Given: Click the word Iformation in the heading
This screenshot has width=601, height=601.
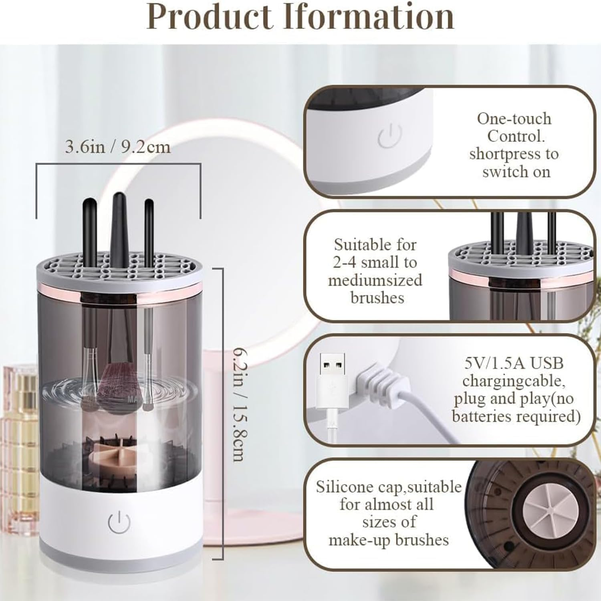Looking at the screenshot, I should tap(369, 17).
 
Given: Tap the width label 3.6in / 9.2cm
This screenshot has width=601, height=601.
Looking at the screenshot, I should tap(118, 147).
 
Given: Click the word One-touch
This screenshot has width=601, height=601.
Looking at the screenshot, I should tap(514, 119).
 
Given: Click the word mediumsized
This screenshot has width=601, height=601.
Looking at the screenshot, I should tap(375, 280).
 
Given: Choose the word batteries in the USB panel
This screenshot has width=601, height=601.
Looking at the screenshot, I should tap(480, 416).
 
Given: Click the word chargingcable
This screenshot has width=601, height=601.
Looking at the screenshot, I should tap(514, 381).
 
